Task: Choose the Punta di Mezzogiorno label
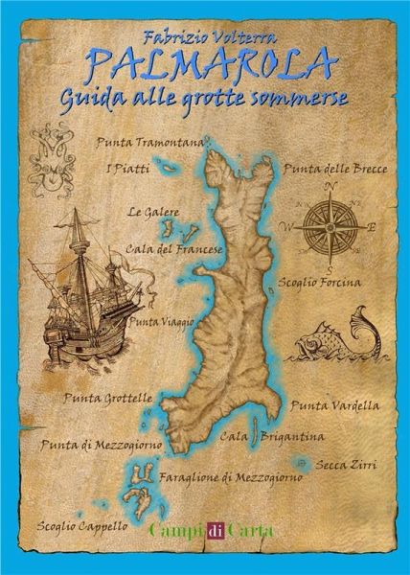point(101,445)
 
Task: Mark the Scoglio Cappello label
point(80,525)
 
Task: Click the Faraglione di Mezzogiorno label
point(231,476)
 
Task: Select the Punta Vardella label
point(333,405)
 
